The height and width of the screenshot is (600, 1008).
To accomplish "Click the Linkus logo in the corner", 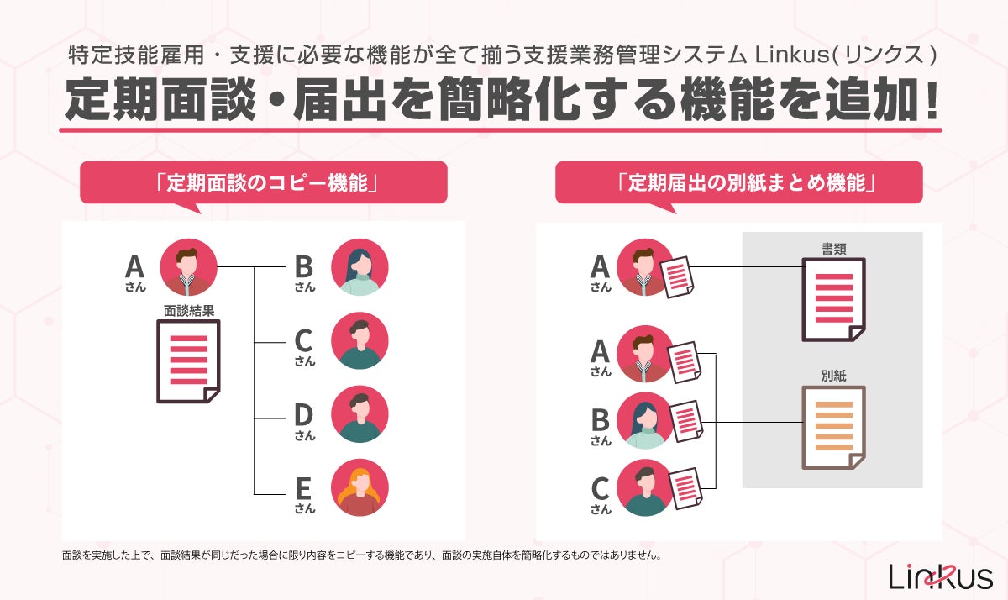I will (x=941, y=576).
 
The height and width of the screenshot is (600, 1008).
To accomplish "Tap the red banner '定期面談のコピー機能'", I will (x=263, y=182).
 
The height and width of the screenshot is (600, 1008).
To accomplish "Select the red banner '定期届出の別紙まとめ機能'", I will (x=739, y=182).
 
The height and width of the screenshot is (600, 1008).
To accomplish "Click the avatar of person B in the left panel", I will (x=360, y=267).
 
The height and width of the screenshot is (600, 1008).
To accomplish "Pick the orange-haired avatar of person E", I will (x=360, y=488).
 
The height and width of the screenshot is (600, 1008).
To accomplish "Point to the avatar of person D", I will (x=360, y=415).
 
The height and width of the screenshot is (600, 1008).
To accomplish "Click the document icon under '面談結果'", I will (x=188, y=361).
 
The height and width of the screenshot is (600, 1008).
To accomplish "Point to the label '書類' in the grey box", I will (x=833, y=249).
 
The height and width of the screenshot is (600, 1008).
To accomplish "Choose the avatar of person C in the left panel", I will (x=360, y=341).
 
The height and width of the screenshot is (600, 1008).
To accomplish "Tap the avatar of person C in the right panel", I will (x=645, y=488).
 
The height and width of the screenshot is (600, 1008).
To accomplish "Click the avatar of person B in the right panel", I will (x=645, y=419).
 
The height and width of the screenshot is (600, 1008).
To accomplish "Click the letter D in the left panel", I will (x=303, y=414).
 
